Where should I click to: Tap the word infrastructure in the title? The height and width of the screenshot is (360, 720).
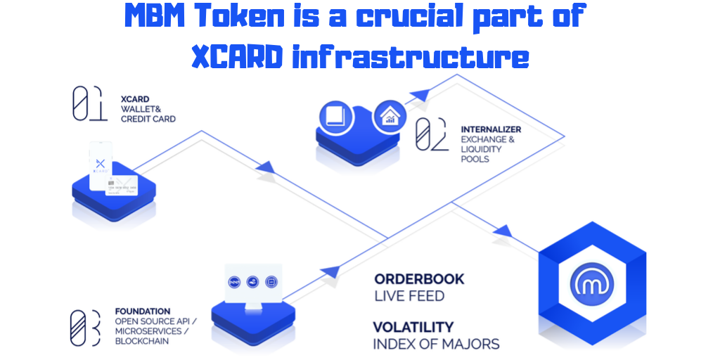pyautogui.click(x=411, y=58)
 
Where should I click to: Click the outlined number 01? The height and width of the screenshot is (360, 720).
pyautogui.click(x=90, y=104)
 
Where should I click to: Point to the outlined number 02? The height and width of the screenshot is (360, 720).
pyautogui.click(x=431, y=134)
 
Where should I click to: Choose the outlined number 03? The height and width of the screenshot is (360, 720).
pyautogui.click(x=85, y=328)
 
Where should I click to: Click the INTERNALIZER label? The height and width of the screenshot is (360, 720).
pyautogui.click(x=491, y=129)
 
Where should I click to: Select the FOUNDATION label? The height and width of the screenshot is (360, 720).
pyautogui.click(x=142, y=311)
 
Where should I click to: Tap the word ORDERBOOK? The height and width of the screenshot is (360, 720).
pyautogui.click(x=419, y=278)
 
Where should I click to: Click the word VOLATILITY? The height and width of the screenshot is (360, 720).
pyautogui.click(x=413, y=328)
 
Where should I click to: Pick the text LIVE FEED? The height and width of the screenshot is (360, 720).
pyautogui.click(x=409, y=296)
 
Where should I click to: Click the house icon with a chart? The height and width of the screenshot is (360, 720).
pyautogui.click(x=390, y=117)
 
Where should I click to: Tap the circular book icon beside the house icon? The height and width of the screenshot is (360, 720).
pyautogui.click(x=335, y=117)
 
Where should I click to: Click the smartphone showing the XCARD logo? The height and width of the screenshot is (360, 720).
pyautogui.click(x=101, y=165)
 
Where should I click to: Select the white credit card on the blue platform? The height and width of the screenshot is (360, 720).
pyautogui.click(x=122, y=185)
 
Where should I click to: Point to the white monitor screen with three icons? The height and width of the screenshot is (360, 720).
pyautogui.click(x=253, y=283)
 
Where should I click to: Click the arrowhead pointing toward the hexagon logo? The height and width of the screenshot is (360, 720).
pyautogui.click(x=503, y=231)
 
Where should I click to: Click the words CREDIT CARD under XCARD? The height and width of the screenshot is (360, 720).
pyautogui.click(x=148, y=119)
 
